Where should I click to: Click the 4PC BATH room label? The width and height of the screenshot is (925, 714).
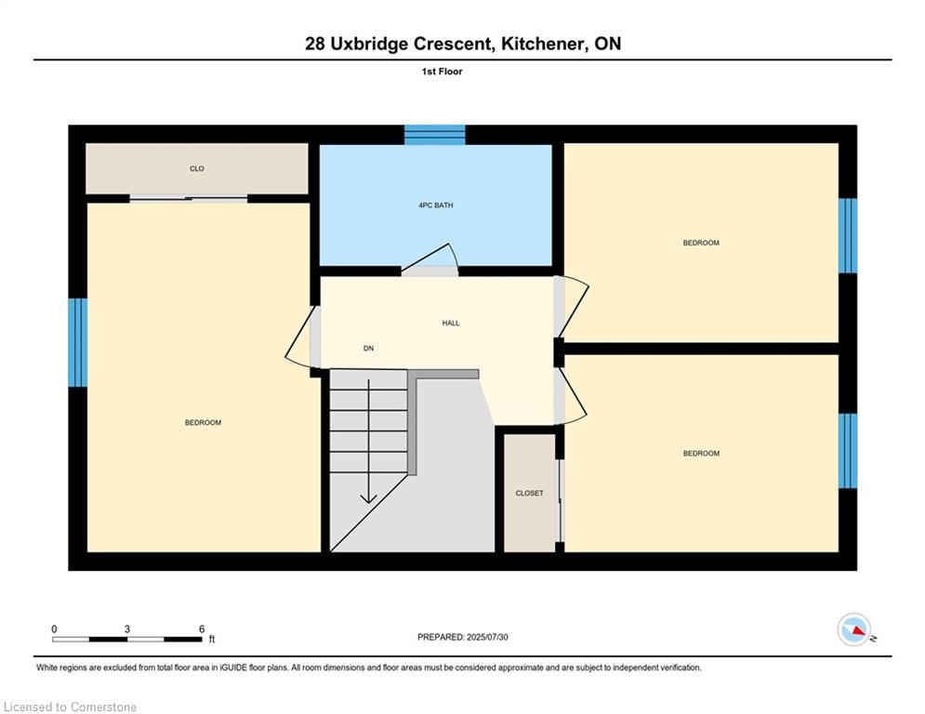(x=435, y=205)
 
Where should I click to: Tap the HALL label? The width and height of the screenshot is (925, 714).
(x=451, y=323)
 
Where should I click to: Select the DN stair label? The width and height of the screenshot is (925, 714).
(x=368, y=348)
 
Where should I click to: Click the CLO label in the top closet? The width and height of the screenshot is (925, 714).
(x=196, y=169)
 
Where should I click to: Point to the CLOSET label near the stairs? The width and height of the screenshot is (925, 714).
(x=529, y=493)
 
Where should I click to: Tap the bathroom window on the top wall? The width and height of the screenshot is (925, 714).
(x=435, y=135)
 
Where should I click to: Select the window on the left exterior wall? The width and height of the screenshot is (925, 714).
(x=77, y=342)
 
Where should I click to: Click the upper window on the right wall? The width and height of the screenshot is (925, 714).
(x=847, y=235)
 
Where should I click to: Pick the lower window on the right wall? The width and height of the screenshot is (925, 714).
(x=847, y=451)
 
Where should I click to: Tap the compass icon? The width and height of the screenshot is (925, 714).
(x=854, y=629)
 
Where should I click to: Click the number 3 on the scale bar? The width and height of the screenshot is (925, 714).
(x=126, y=629)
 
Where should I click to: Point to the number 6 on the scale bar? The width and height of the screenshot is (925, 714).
(x=202, y=629)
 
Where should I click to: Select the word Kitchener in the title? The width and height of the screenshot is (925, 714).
(x=542, y=44)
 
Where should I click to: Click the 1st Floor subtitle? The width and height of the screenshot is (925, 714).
(x=442, y=72)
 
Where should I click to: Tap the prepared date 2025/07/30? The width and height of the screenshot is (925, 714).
(x=487, y=637)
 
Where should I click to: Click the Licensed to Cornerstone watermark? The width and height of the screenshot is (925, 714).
(x=70, y=707)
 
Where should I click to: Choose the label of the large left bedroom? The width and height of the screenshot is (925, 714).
(x=203, y=422)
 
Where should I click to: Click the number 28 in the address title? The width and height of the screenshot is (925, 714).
(x=314, y=44)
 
